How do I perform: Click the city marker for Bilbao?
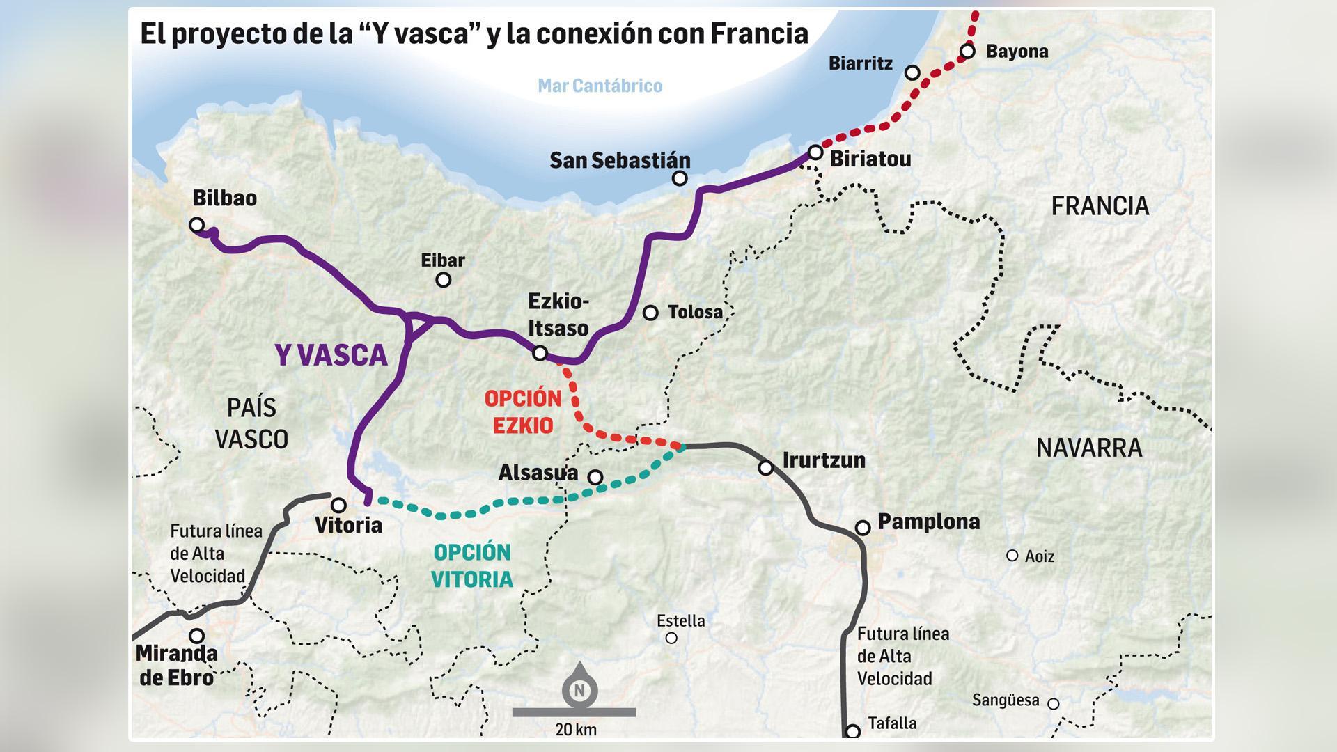tap(197, 225)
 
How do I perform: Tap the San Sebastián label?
tap(619, 160)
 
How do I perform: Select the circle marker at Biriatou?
tap(815, 152)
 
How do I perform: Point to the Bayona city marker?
tap(967, 51)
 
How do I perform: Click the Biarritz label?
tap(860, 63)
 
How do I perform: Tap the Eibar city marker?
tap(443, 280)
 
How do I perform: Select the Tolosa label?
tap(695, 312)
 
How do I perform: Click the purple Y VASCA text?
tap(331, 355)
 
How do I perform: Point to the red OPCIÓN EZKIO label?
tap(523, 412)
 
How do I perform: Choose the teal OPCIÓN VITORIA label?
tap(473, 565)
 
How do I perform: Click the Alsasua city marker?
tap(595, 477)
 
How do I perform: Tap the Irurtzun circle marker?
tap(765, 468)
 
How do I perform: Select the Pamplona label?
tap(928, 522)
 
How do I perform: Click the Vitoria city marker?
tap(338, 505)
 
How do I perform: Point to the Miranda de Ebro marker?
tap(197, 636)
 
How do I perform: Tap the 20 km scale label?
tap(576, 730)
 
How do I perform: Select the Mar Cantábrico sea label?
tap(600, 86)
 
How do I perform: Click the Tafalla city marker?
tap(852, 731)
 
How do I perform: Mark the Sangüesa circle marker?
tap(1054, 704)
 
